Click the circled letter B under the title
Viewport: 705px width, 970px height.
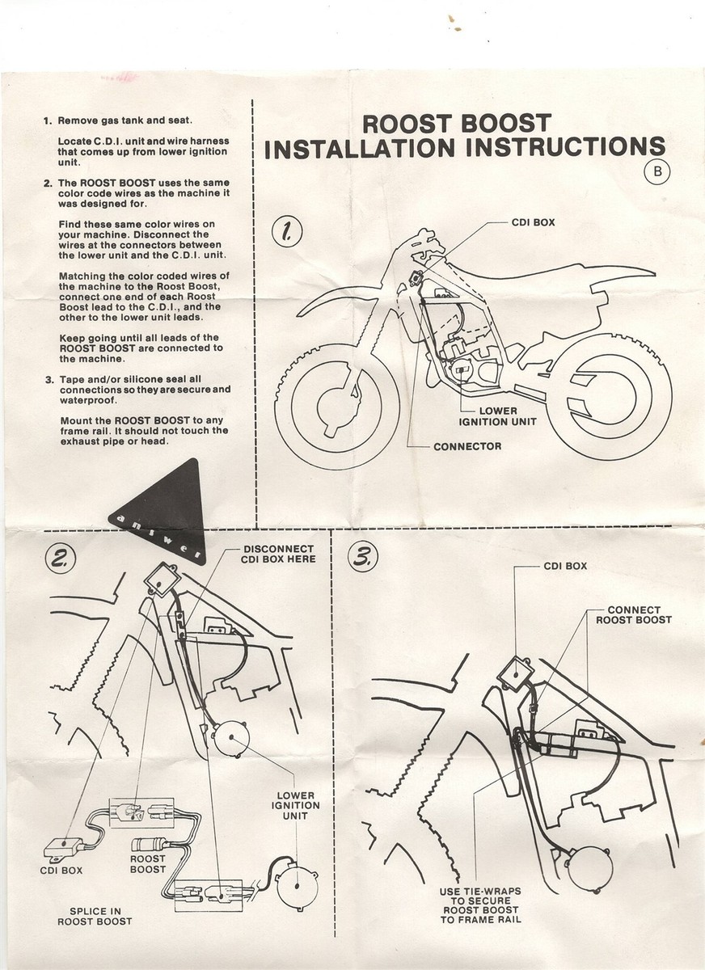point(657,172)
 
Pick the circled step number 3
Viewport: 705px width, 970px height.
point(361,556)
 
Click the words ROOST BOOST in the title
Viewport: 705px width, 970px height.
point(456,124)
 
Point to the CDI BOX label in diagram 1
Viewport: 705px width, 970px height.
point(534,221)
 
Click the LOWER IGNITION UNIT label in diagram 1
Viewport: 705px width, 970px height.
point(498,415)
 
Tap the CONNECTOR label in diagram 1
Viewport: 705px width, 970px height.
point(467,446)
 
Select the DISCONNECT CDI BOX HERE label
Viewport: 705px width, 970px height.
point(279,553)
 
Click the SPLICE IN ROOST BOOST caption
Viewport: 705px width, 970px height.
point(95,915)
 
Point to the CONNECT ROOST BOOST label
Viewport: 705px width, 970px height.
point(633,614)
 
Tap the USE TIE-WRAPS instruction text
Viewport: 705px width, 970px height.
point(481,905)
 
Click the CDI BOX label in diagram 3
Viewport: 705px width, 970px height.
point(564,566)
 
